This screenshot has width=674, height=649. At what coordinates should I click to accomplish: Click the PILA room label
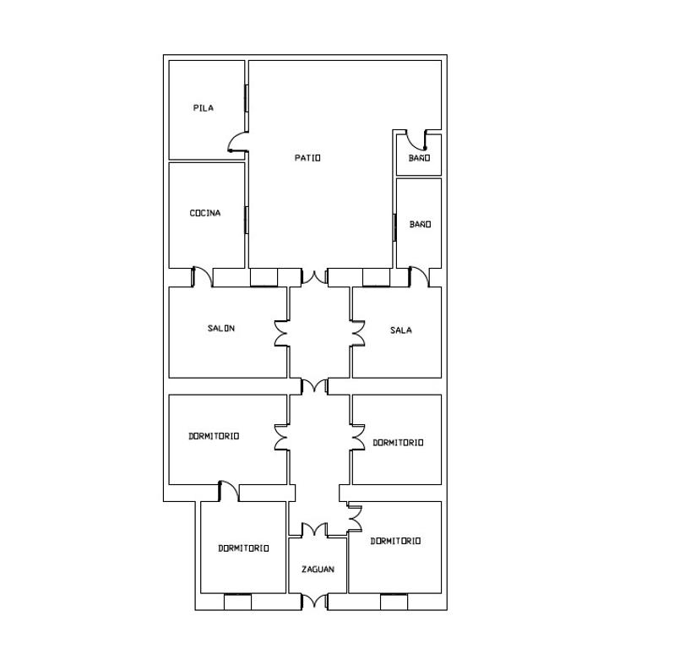204,108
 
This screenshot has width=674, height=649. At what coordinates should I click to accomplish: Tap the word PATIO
307,158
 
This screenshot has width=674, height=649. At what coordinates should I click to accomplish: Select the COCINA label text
205,213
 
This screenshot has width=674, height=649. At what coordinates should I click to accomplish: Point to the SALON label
221,328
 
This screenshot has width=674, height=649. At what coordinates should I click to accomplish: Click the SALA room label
401,330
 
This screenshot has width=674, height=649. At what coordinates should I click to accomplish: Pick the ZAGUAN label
318,570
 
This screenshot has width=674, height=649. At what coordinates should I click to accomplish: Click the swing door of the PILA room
237,142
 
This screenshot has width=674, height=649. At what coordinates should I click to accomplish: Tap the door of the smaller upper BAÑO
416,139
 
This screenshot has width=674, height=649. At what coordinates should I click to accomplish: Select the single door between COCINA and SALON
202,276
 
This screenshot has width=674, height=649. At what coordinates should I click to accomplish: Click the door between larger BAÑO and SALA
419,276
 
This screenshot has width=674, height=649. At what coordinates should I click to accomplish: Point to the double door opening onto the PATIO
314,276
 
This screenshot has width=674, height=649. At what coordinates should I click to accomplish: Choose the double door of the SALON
281,333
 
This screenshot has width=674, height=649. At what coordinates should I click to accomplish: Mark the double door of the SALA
357,333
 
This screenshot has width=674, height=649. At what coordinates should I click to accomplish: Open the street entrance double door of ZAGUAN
314,602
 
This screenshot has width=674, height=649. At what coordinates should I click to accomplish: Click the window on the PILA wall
247,99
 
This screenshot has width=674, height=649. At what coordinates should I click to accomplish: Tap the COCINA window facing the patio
247,221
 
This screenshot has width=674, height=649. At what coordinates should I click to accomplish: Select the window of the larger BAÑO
394,227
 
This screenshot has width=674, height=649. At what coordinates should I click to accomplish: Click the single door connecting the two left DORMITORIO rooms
229,491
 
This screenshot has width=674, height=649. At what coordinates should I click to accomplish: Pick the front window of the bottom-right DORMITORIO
394,602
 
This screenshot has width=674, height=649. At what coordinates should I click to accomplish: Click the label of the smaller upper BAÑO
419,158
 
